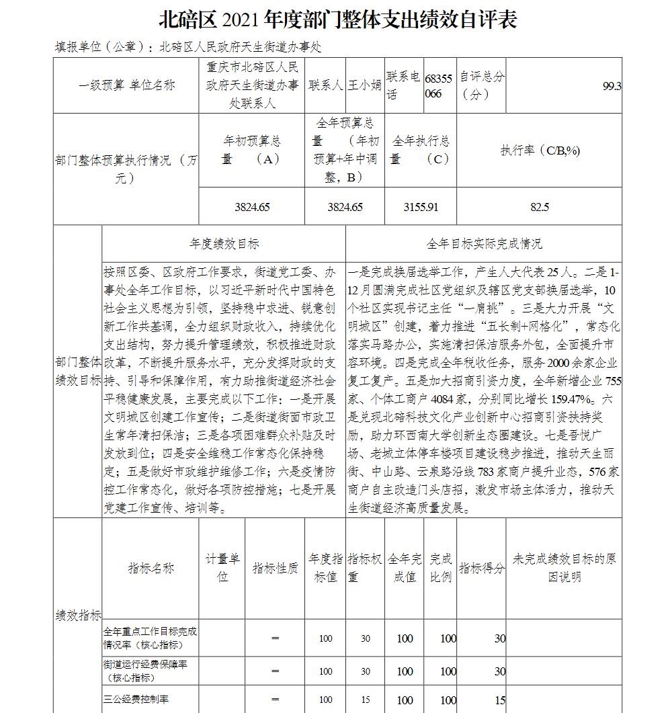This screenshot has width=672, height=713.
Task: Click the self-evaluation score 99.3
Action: [612, 86]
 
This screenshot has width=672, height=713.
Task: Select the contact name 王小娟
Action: [364, 86]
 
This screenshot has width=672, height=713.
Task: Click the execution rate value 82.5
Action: [540, 207]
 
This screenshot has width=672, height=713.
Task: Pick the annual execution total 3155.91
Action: [421, 207]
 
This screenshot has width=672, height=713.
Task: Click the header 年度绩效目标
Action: [224, 244]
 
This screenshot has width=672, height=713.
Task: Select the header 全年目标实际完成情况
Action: [484, 244]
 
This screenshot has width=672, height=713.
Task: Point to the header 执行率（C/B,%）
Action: [540, 151]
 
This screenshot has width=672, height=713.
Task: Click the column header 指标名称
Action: [151, 569]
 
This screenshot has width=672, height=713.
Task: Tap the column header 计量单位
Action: [222, 568]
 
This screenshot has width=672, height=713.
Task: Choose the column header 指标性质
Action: [275, 569]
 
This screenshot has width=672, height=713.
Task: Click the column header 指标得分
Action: [481, 569]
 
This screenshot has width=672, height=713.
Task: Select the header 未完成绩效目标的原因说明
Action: [564, 568]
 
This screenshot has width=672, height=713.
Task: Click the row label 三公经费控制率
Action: [136, 700]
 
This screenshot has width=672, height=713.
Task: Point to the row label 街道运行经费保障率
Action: [144, 671]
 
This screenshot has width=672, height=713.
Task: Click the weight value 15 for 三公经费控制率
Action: [365, 700]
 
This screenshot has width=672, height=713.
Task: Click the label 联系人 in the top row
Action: [326, 86]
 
